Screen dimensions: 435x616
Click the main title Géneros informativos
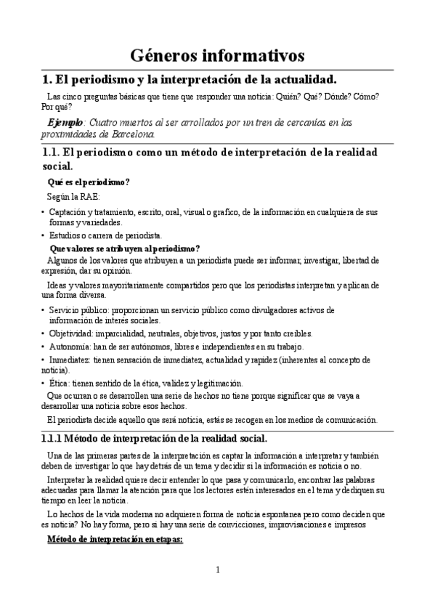tap(217, 55)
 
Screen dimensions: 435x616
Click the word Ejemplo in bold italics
tap(65, 122)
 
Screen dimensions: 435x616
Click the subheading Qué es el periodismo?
tap(89, 182)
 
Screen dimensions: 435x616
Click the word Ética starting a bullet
tap(59, 384)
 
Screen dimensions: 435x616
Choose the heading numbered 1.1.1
tap(155, 438)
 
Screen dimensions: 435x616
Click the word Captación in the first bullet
tap(69, 211)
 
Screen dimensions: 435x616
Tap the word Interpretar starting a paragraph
tap(70, 481)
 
